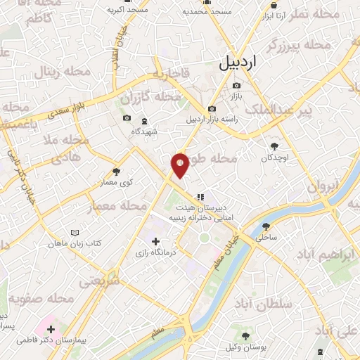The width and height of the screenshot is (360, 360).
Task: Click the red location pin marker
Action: pos(181,165)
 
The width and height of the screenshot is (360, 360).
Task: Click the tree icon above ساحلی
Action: pos(266,226)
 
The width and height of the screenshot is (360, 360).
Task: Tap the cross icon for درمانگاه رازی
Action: pos(155,241)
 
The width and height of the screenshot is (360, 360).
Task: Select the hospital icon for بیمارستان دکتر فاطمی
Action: pos(51,328)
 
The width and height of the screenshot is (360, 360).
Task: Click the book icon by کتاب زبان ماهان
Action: pos(75,233)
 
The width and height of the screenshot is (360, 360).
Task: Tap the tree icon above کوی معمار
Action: pos(117,171)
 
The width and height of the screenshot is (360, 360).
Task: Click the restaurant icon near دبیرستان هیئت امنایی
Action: pos(200,178)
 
